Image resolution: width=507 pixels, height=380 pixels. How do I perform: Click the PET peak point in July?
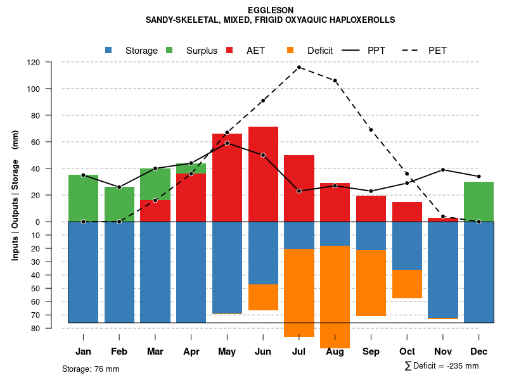pos(298,67)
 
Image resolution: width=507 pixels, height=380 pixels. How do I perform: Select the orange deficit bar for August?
pos(335,296)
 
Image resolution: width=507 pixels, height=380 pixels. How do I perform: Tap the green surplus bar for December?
pos(478,201)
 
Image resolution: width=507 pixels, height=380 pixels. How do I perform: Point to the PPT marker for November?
pos(443,170)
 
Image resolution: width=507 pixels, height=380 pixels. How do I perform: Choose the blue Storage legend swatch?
pos(109,50)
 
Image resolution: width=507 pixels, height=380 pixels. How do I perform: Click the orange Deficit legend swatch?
pos(290,50)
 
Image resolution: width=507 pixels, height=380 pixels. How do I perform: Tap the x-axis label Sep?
pos(371,351)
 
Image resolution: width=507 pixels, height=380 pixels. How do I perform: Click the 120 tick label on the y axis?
pos(34,63)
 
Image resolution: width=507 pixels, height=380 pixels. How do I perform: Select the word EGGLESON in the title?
pos(271,10)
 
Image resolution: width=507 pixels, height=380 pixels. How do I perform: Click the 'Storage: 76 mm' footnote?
pos(91,369)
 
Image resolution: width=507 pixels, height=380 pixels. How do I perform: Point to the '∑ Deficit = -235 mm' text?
pos(441,366)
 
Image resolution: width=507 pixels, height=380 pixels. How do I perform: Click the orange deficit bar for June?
pos(263,297)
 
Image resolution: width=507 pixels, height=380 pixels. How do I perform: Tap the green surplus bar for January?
pos(83,198)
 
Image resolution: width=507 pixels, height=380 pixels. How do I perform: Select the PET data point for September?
pos(371,130)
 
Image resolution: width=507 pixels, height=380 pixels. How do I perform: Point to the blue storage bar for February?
pos(119,272)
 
